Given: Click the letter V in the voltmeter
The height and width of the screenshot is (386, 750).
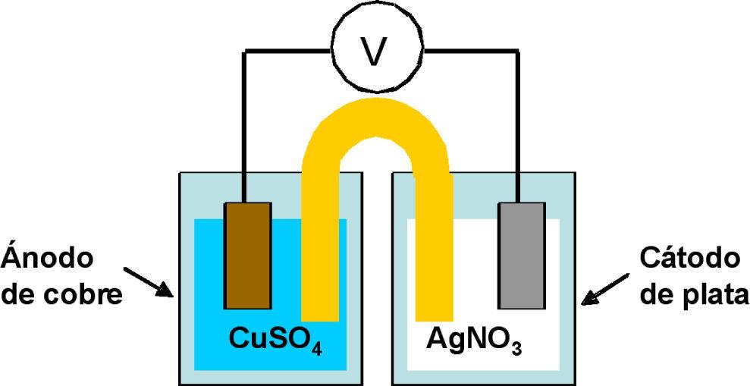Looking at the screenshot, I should (373, 52).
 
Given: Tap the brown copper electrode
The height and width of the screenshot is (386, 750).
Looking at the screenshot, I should (247, 256).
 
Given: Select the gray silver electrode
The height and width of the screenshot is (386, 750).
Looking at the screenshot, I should (521, 256).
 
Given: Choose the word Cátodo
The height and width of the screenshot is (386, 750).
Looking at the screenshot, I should (689, 258).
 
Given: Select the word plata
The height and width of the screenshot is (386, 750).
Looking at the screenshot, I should (712, 294).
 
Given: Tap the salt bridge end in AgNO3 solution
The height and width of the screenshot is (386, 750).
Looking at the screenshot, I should (435, 303).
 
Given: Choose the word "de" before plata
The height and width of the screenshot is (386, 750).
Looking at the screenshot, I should (656, 294).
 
